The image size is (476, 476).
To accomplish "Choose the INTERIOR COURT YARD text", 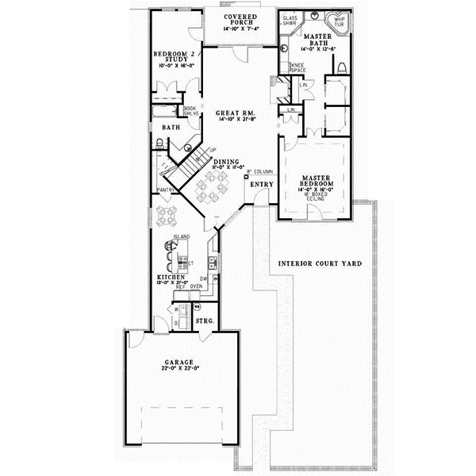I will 320,263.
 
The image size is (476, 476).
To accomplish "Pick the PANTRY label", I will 165,190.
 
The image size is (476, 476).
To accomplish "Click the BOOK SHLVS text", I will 190,111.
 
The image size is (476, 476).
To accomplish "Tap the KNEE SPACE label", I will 298,68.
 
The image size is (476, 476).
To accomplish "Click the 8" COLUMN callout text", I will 261,171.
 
